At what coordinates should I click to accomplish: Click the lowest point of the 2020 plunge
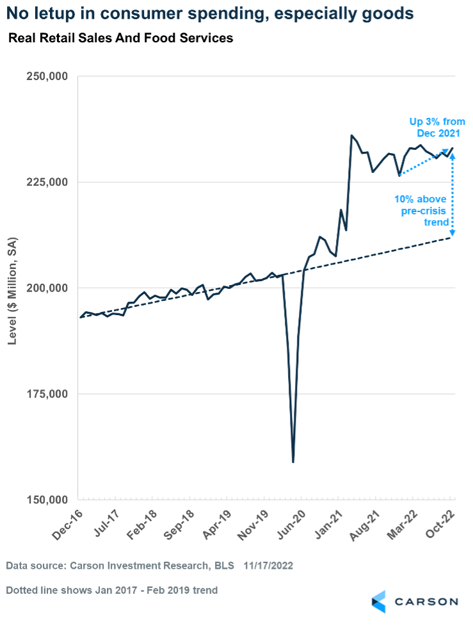pyautogui.click(x=293, y=462)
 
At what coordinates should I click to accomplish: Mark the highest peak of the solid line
pyautogui.click(x=351, y=136)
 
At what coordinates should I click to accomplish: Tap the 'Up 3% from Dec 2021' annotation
pyautogui.click(x=432, y=126)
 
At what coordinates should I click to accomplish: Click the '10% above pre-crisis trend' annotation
pyautogui.click(x=422, y=210)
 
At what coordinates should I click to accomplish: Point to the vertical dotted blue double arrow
pyautogui.click(x=453, y=192)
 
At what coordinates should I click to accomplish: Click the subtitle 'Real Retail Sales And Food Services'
pyautogui.click(x=120, y=38)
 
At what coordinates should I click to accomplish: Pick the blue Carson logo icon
pyautogui.click(x=379, y=601)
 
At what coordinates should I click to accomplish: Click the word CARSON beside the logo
pyautogui.click(x=426, y=601)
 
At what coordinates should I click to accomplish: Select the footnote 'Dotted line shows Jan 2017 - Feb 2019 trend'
pyautogui.click(x=113, y=590)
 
